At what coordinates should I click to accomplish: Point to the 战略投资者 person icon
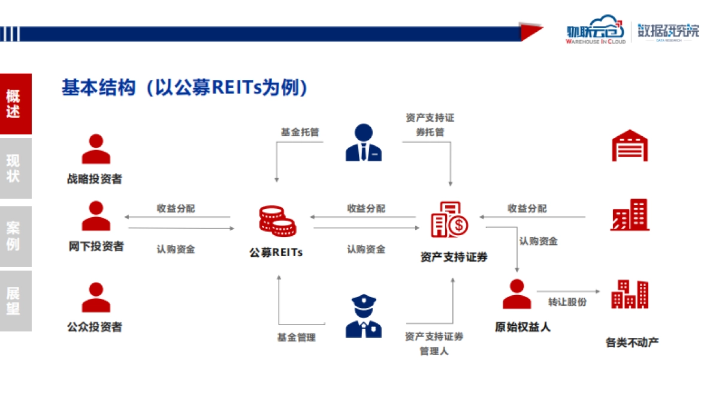[96, 150]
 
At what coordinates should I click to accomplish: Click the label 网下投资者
[96, 246]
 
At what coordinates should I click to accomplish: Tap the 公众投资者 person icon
[96, 298]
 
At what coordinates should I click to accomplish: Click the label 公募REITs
[276, 253]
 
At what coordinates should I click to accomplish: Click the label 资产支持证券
[454, 257]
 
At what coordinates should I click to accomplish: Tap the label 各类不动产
[632, 343]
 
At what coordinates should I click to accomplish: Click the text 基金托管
[300, 131]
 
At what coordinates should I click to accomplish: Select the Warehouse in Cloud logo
[596, 32]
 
